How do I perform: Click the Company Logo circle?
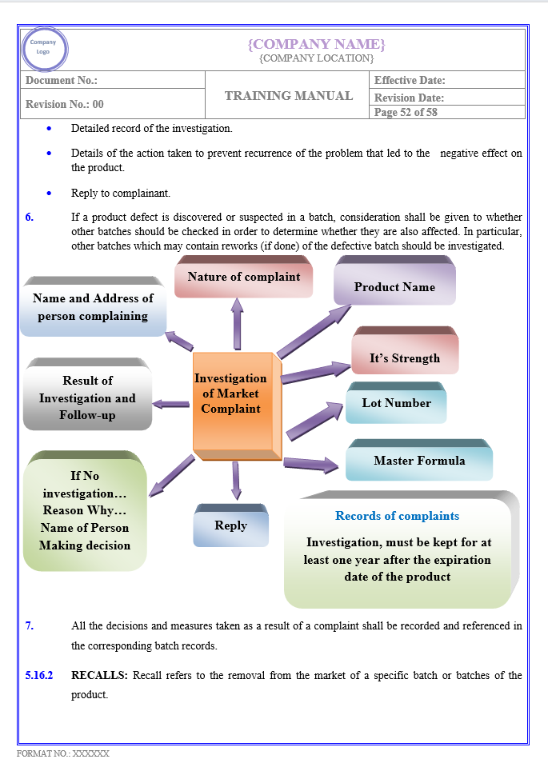(44, 48)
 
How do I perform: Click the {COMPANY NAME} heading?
(316, 43)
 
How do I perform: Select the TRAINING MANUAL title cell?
(289, 95)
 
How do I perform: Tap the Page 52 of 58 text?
(406, 113)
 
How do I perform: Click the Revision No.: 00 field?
(65, 104)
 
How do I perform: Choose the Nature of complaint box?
(243, 277)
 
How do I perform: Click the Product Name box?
(394, 287)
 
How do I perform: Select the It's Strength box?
(404, 358)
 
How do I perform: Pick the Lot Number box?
(396, 403)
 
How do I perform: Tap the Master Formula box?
(418, 461)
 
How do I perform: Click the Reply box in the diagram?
(230, 525)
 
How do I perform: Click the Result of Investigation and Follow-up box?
(87, 397)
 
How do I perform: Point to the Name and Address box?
(93, 307)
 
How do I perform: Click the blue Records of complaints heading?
(397, 516)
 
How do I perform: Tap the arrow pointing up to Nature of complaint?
(238, 324)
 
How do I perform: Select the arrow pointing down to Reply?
(236, 480)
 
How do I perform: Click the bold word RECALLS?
(99, 675)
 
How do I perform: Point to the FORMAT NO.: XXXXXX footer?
(63, 753)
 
